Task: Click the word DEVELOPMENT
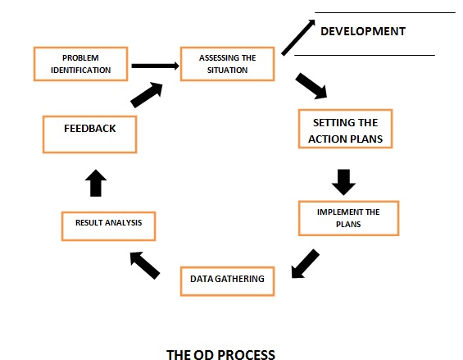363,31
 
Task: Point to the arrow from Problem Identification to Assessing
156,66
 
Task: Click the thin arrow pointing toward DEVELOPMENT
298,38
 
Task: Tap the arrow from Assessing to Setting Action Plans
311,86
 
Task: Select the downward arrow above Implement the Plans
343,182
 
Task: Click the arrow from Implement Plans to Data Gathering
306,264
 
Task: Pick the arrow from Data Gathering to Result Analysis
145,265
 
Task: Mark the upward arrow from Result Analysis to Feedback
96,183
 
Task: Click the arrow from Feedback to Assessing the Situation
147,95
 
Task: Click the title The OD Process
220,354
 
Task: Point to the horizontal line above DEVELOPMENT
385,12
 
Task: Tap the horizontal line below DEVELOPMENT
365,55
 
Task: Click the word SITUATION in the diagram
227,70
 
